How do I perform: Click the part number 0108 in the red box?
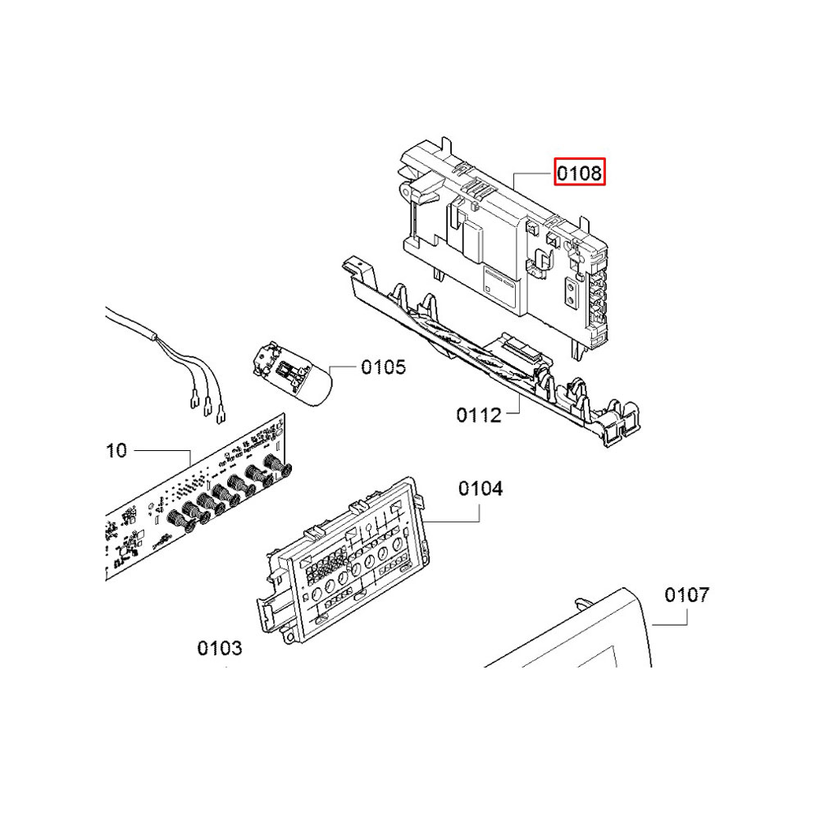[580, 172]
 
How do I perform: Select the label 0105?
[383, 367]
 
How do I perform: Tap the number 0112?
[479, 415]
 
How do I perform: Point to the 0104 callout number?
[481, 489]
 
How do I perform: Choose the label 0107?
[686, 594]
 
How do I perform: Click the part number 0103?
[220, 649]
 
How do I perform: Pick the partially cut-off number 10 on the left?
[116, 450]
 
